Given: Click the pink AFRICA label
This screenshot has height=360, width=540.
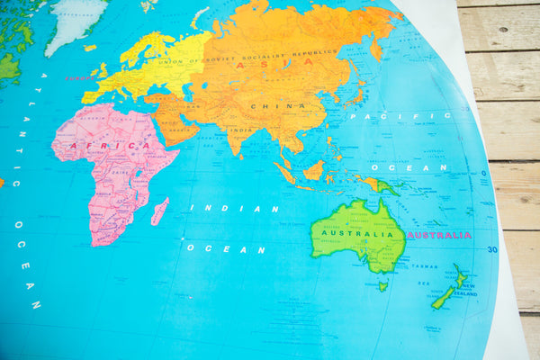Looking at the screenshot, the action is click(x=123, y=145).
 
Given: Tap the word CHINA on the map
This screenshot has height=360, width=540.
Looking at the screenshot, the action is click(x=265, y=106).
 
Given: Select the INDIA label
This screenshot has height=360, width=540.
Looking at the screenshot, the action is click(x=240, y=130).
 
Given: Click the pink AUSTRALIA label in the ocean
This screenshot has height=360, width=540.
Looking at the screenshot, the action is click(x=439, y=235).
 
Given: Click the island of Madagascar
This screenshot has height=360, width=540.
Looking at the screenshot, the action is click(x=159, y=211).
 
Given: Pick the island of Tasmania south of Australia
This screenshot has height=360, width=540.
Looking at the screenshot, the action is click(x=382, y=286).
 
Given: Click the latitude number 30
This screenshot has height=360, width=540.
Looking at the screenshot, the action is click(x=491, y=250).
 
